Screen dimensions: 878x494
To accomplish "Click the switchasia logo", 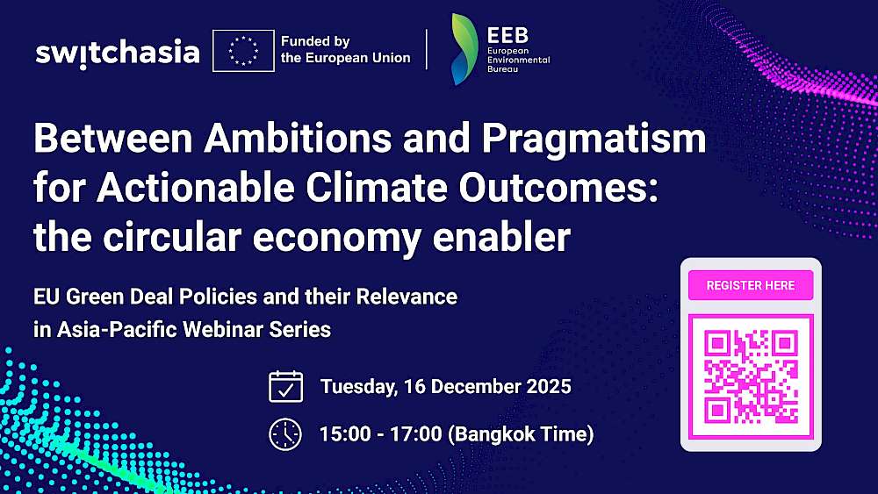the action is coord(118,54).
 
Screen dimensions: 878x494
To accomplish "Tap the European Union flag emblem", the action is coord(243,51).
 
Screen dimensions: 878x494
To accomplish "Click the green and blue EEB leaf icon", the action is coord(464,49).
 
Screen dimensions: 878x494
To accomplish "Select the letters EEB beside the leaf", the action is coord(507,36).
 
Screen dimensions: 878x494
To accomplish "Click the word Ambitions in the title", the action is coord(298,138).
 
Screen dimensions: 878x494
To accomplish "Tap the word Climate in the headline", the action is coord(377,188).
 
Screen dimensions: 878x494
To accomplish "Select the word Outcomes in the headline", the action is coord(558,188).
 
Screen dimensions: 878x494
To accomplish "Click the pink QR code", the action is coord(751,376).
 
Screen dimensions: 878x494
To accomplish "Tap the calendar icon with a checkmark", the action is coord(285,387).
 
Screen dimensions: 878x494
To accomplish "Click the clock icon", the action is coord(285,434).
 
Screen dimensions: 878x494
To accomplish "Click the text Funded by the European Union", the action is coord(345,49).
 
